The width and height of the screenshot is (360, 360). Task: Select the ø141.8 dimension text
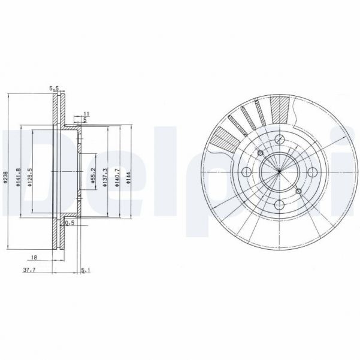pos(20,177)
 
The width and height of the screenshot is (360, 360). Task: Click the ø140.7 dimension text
pos(117,178)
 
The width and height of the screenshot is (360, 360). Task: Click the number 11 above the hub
pos(86,113)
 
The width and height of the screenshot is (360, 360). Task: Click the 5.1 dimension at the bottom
pos(85,270)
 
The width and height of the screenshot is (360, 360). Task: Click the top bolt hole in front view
pos(279,140)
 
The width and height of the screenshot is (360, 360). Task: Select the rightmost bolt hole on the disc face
pos(312,173)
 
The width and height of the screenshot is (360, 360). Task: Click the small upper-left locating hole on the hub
pos(259,153)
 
